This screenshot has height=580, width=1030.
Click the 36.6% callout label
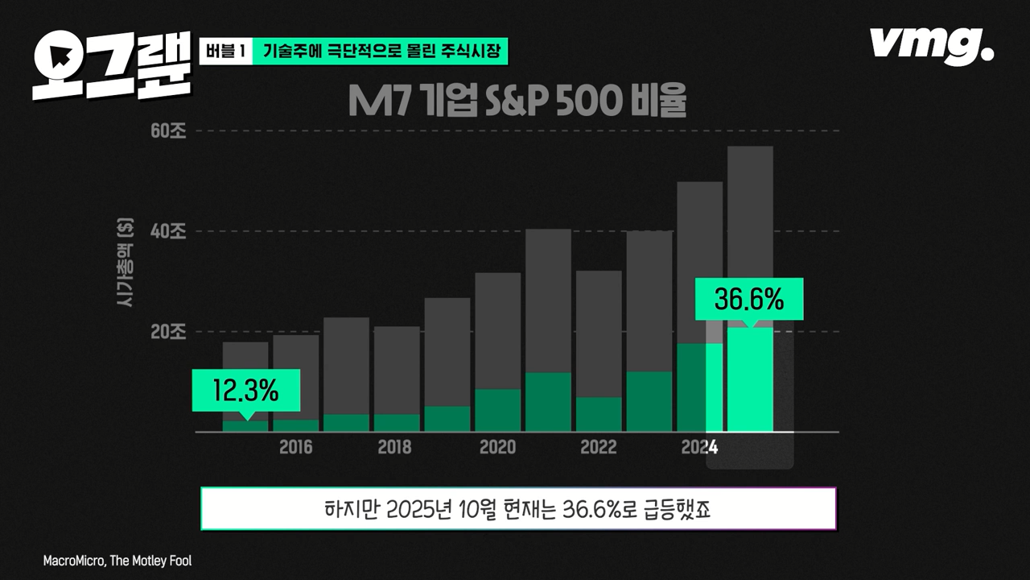coord(748,300)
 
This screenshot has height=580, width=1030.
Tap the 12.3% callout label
coord(245,391)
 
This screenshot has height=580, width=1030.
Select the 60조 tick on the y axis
coord(168,131)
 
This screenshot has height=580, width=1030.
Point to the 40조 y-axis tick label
coord(168,232)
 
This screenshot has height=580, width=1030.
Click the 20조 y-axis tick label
coord(168,332)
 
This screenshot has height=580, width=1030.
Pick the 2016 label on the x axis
coord(295,448)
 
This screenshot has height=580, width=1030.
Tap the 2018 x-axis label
coord(395,448)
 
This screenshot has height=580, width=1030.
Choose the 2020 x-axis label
coord(497,448)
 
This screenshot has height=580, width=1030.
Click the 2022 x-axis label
coord(599,448)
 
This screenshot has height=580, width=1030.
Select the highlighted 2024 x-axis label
coord(698,448)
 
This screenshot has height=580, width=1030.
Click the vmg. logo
coord(931,45)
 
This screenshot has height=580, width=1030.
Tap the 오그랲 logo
coord(111,64)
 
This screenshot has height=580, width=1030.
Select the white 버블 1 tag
coord(225,52)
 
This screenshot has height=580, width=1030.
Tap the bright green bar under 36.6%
coord(750,379)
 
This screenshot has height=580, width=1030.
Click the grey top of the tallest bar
coord(750,234)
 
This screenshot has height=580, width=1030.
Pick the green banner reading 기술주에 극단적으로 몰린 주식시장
coord(381,52)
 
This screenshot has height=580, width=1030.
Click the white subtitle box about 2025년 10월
coord(518,509)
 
